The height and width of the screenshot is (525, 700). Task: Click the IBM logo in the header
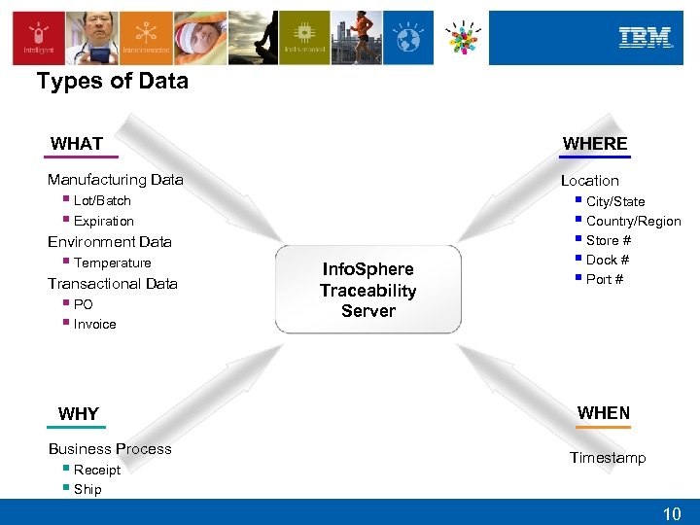click(646, 38)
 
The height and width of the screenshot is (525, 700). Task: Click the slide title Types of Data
click(113, 82)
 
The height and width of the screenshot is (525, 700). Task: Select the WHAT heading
click(77, 144)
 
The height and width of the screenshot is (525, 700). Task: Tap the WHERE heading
click(595, 144)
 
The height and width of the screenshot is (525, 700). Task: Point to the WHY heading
click(79, 414)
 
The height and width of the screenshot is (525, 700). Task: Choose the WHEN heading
click(603, 413)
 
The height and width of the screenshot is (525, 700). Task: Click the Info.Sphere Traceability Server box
click(368, 290)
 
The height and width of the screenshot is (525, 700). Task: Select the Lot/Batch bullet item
click(102, 200)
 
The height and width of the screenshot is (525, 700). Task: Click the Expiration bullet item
click(104, 221)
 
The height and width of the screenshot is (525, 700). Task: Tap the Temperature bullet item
click(112, 262)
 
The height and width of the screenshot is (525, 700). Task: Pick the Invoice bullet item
click(94, 324)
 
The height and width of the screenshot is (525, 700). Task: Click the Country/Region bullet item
click(633, 221)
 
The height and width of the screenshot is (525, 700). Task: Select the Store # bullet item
click(609, 240)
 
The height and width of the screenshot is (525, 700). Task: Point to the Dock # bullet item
click(608, 260)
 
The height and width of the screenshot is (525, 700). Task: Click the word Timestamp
click(608, 458)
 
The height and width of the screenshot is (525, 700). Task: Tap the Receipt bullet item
click(97, 470)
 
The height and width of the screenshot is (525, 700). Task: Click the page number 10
click(672, 512)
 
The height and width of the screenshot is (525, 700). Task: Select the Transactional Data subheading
click(113, 284)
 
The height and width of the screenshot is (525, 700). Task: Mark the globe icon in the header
click(408, 38)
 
